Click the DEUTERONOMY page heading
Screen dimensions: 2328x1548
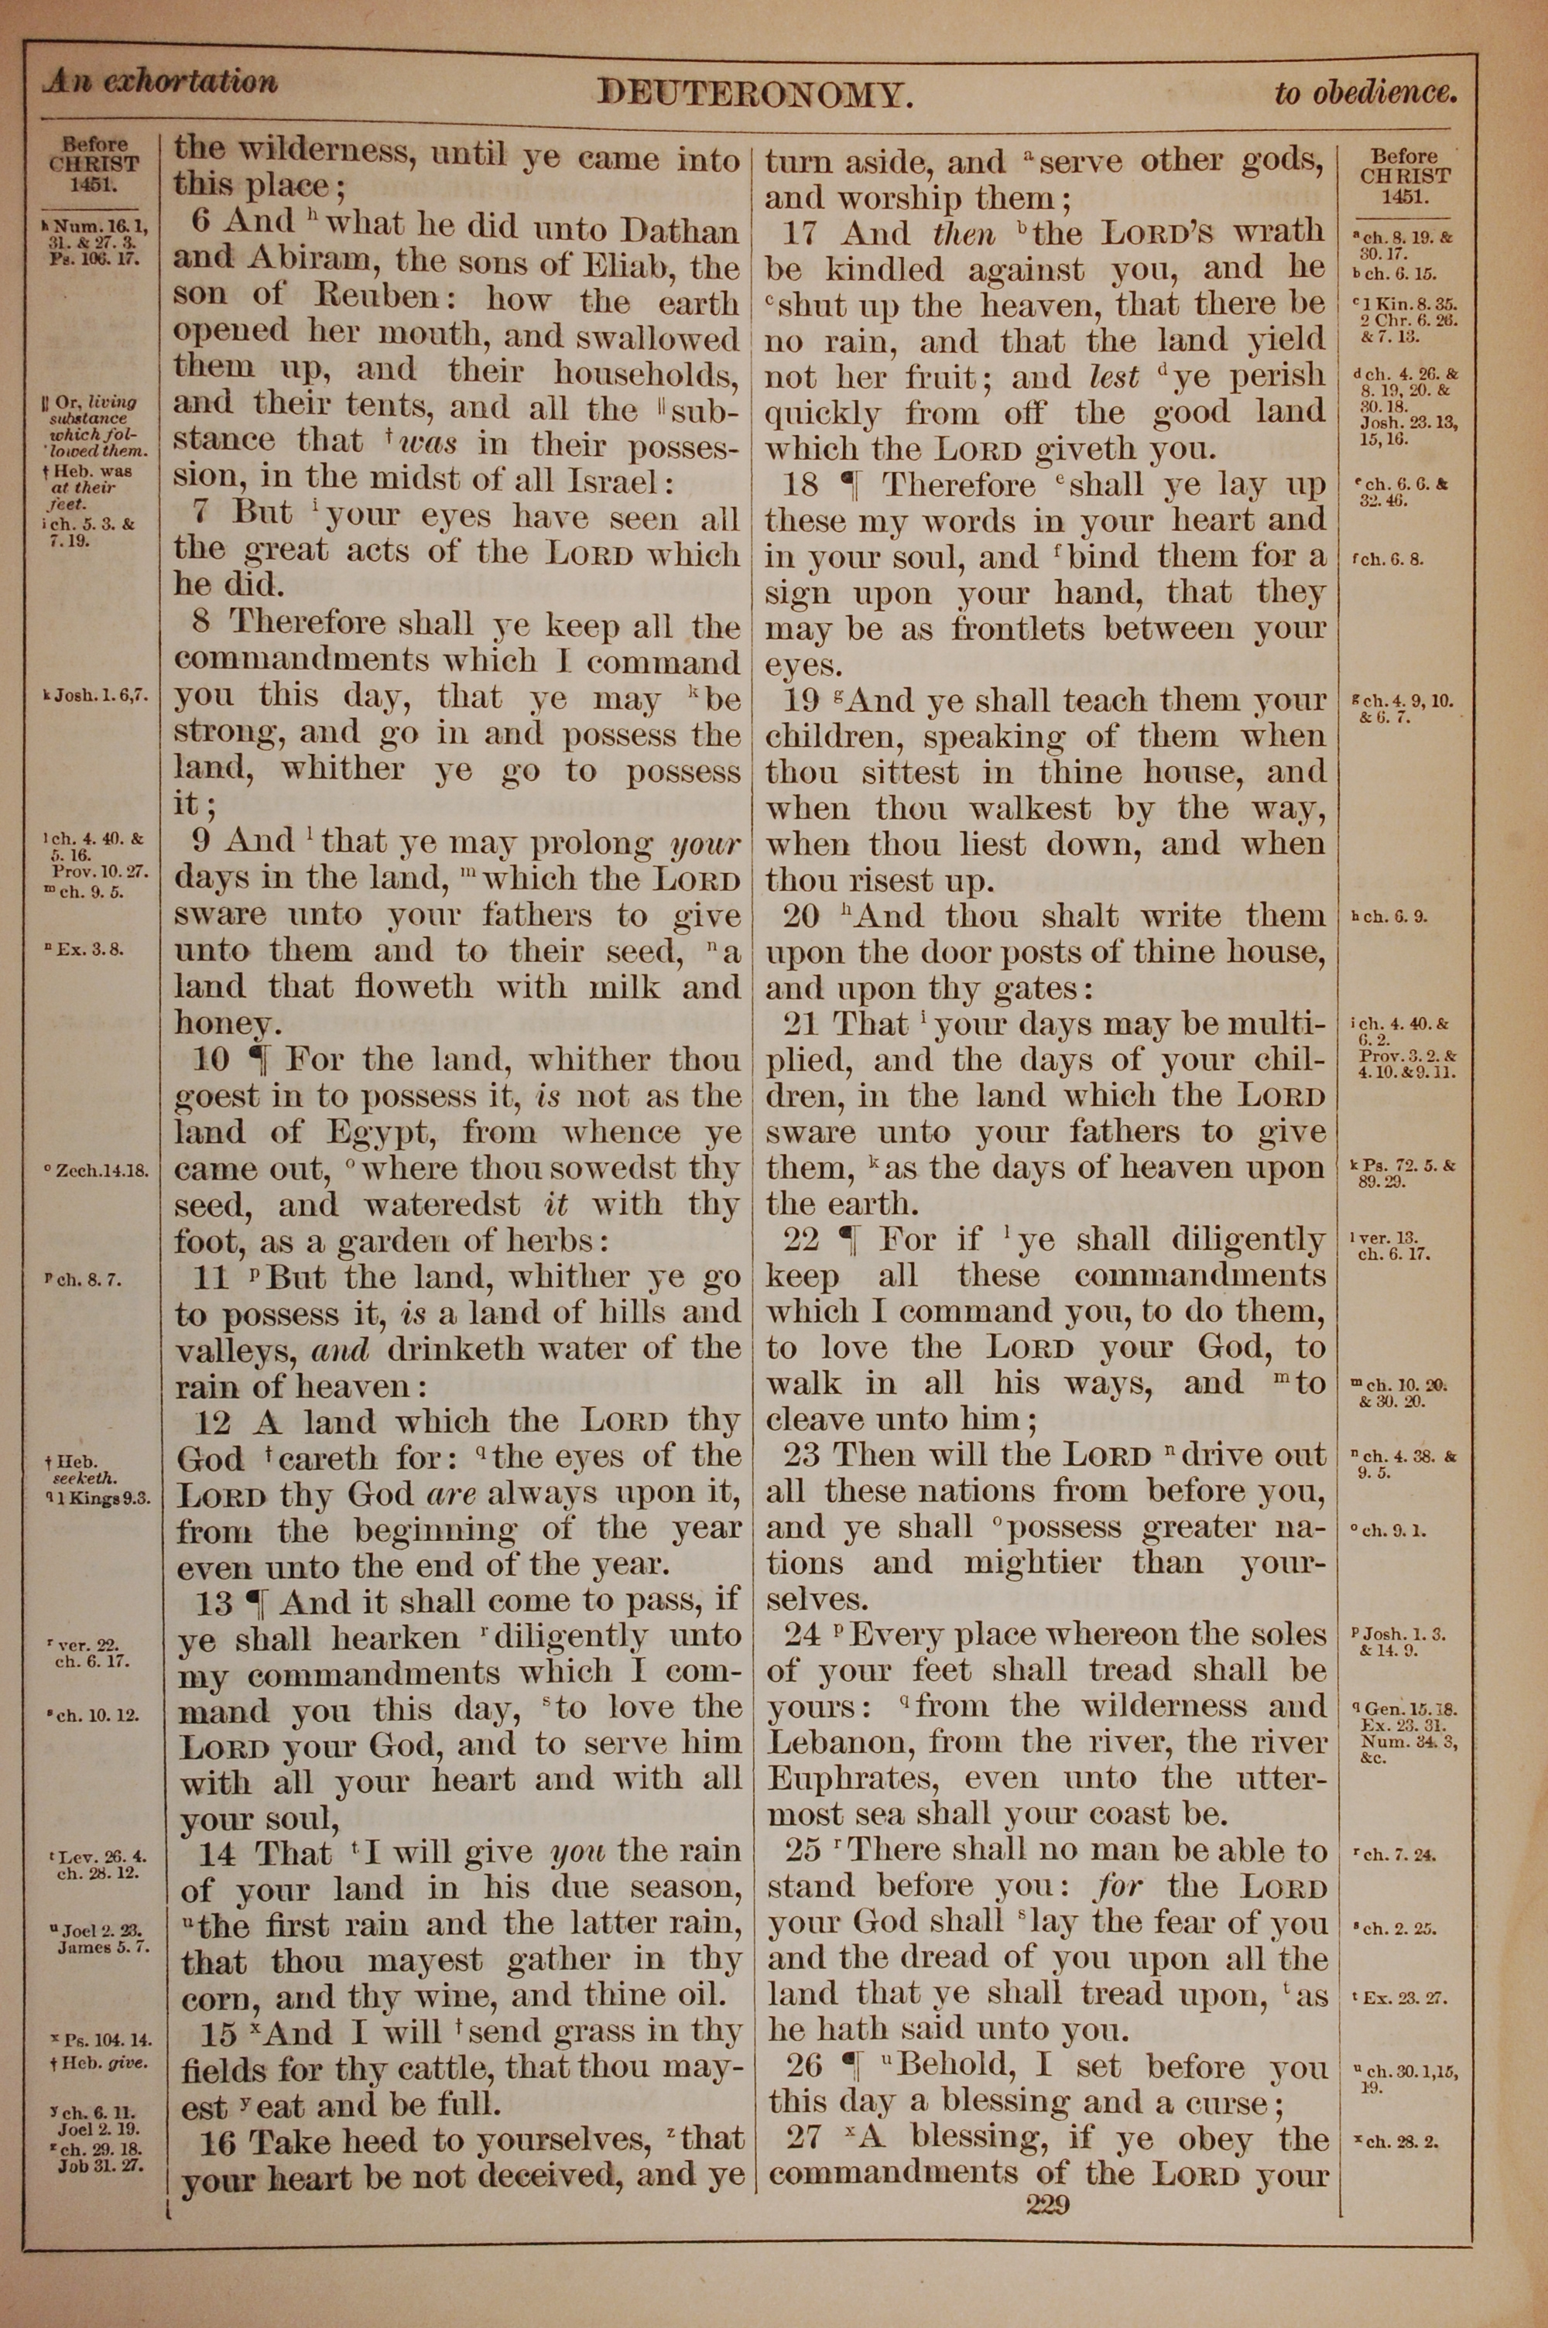(x=754, y=94)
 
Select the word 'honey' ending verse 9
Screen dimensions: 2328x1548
(x=222, y=1023)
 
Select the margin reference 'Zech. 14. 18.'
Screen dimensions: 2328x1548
(x=104, y=1172)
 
